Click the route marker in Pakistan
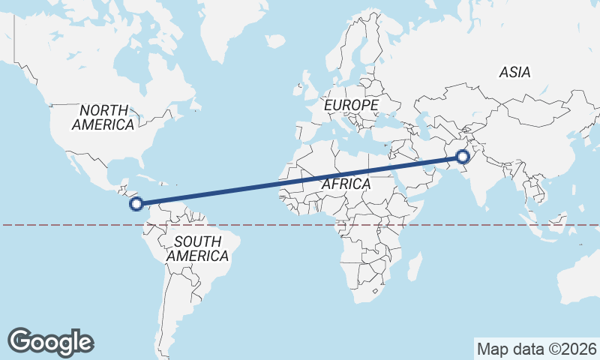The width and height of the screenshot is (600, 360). click(463, 157)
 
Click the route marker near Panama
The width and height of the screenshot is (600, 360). click(136, 203)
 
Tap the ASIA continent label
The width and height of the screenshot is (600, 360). click(514, 73)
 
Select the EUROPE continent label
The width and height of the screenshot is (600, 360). click(351, 106)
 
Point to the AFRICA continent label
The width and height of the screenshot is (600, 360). click(346, 184)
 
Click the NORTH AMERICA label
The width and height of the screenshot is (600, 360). click(103, 118)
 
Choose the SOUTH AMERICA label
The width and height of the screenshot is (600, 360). click(197, 249)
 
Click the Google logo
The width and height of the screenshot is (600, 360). click(50, 341)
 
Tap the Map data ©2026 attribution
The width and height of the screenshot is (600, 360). click(536, 349)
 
